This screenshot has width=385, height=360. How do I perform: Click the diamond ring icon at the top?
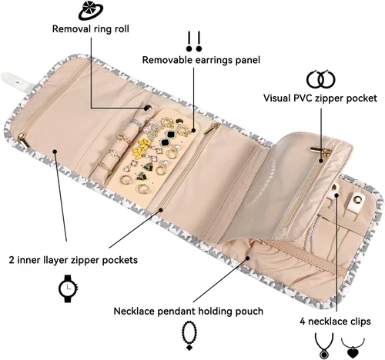(x=90, y=11)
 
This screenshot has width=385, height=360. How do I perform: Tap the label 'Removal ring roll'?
(x=91, y=28)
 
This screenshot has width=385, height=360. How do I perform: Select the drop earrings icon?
(x=194, y=42)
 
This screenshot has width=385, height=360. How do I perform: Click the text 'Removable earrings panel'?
(x=201, y=60)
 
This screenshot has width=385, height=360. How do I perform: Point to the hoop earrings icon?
(x=321, y=79)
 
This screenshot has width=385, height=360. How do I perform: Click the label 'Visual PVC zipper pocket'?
(x=320, y=98)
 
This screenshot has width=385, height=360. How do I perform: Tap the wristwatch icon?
(x=69, y=288)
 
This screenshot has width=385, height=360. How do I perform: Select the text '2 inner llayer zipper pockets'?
(x=73, y=260)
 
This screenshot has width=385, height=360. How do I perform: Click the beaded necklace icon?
(x=189, y=335)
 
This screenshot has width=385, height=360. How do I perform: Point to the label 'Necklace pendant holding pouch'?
(x=189, y=311)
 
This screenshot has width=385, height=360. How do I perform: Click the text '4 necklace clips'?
(x=335, y=322)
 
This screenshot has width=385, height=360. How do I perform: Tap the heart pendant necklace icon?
(x=353, y=348)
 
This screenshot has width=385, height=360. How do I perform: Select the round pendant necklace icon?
(x=324, y=346)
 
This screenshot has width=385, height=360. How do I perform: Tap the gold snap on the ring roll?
(x=147, y=108)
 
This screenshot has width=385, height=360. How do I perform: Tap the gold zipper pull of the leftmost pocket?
(x=23, y=140)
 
